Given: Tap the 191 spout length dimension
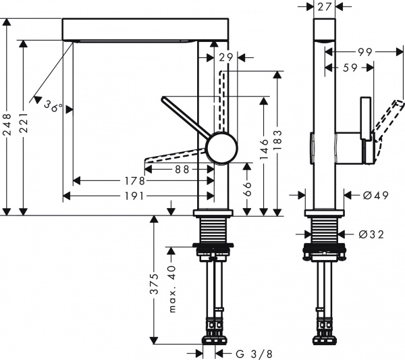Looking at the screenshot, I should click(139, 196).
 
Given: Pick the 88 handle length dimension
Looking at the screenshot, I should click(181, 170).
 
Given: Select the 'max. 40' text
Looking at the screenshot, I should click(172, 288).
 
